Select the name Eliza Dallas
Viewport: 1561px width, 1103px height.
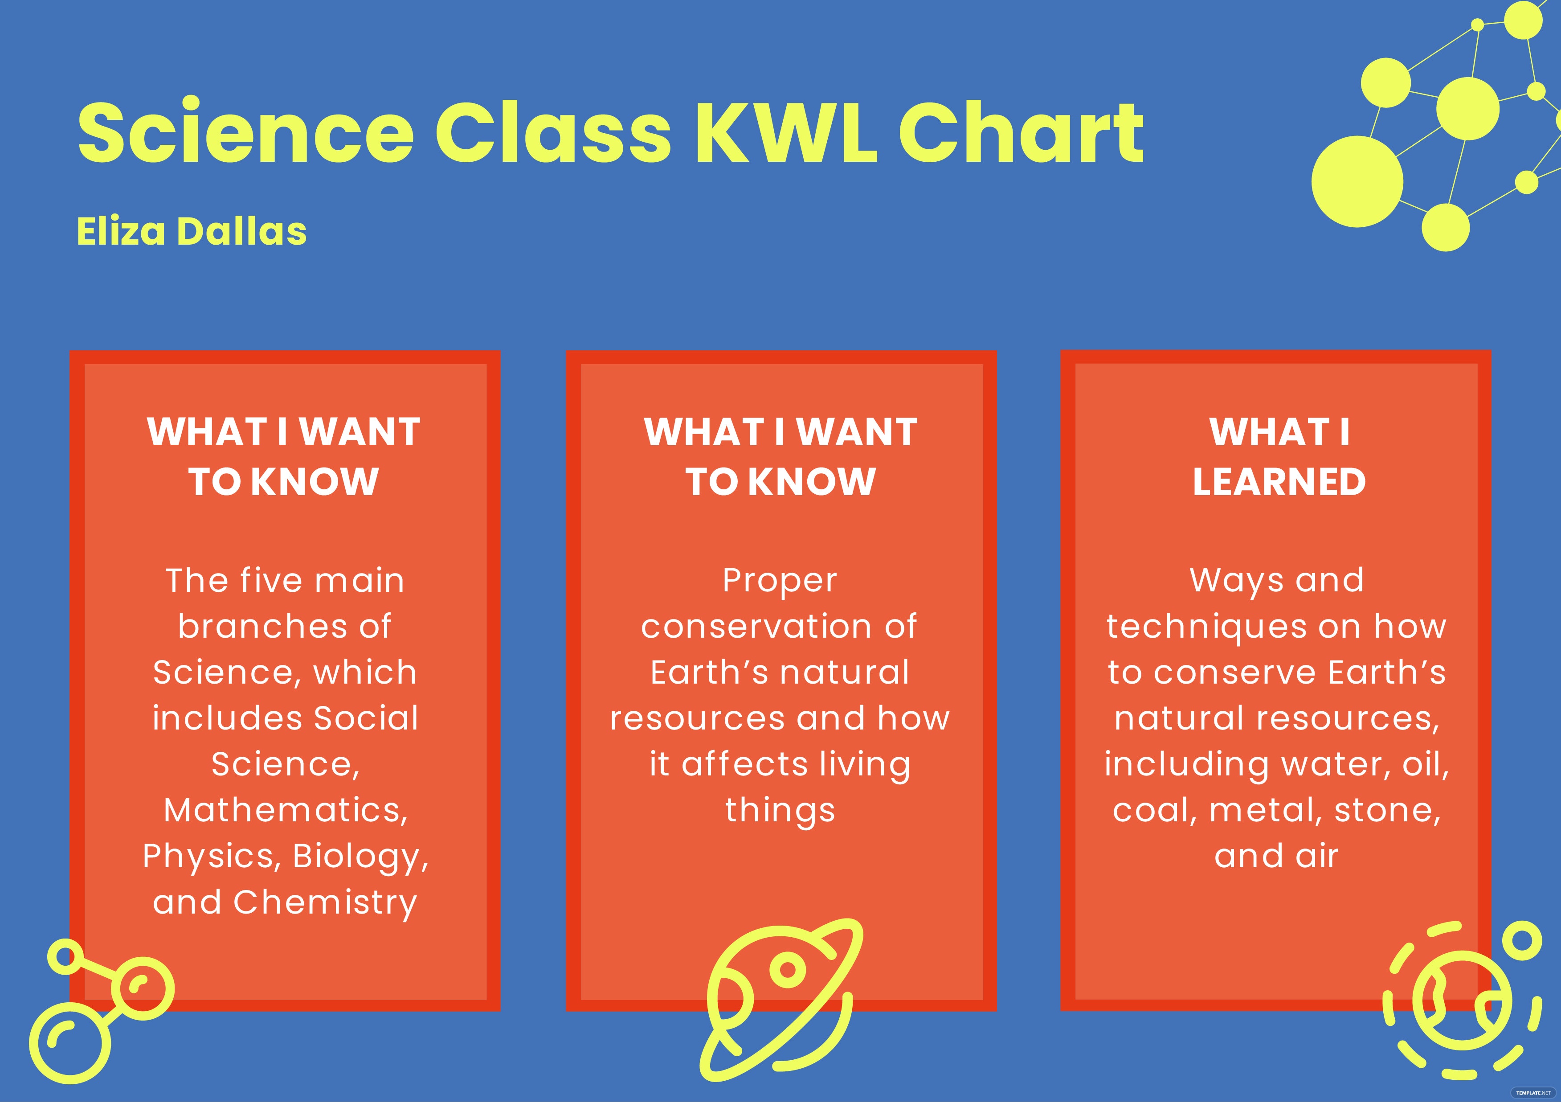click(191, 231)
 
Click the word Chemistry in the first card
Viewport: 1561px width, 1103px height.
click(325, 903)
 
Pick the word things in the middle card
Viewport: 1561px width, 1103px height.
click(780, 811)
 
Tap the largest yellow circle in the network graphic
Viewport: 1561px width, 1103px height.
click(1357, 181)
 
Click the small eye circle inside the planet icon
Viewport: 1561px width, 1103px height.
click(788, 969)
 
